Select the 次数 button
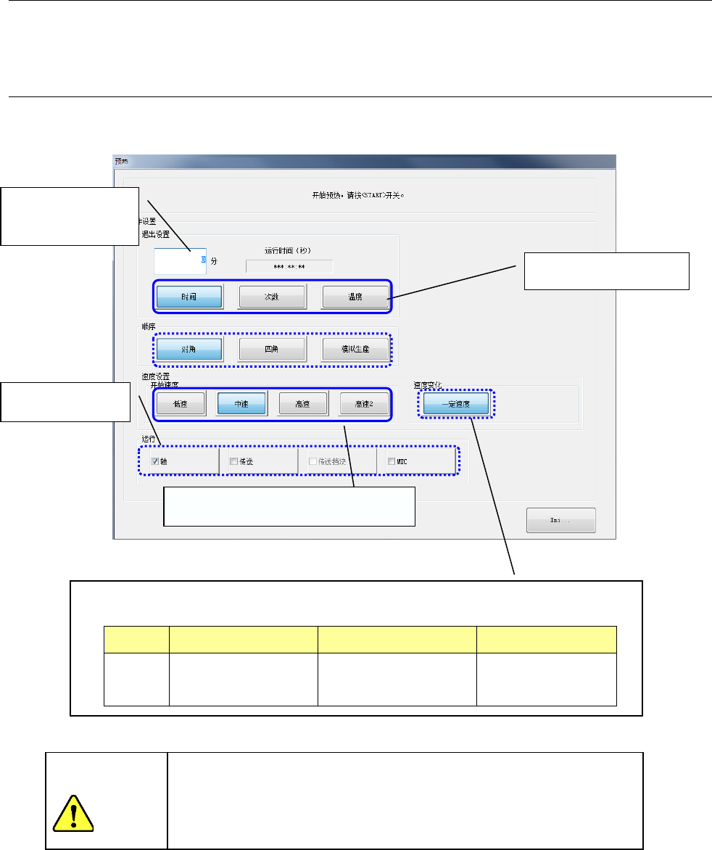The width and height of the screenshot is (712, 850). tap(273, 297)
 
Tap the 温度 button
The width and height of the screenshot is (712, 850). tap(355, 297)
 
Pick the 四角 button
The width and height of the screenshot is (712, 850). tap(273, 350)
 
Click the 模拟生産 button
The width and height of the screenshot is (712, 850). tap(355, 350)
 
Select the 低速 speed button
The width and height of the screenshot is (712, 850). tap(180, 403)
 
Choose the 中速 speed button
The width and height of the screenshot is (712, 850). tap(242, 403)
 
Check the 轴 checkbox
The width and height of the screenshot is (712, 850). tap(154, 461)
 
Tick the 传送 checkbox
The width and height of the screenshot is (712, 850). tap(233, 461)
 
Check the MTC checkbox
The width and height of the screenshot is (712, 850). tap(392, 461)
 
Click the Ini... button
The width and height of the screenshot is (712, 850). tap(560, 520)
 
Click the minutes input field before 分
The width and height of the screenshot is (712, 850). tap(179, 260)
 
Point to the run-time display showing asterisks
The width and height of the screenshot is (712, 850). tap(289, 267)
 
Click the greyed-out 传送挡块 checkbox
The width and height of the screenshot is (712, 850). tap(312, 461)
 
